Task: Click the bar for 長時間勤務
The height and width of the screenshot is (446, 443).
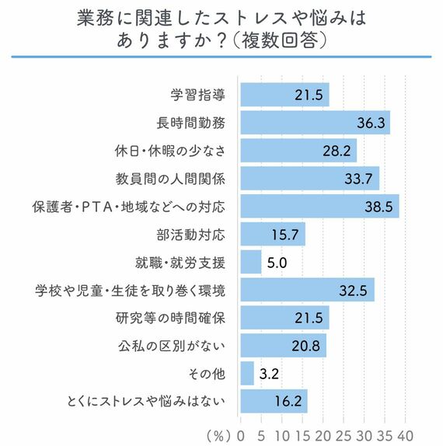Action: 315,123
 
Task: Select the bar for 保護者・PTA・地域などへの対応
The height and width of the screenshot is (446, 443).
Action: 319,207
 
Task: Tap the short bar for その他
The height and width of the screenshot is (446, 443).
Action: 247,374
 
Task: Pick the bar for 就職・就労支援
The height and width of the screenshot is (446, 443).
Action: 251,263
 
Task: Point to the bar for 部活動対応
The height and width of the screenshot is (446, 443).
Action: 273,235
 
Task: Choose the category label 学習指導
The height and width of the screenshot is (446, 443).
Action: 197,96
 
